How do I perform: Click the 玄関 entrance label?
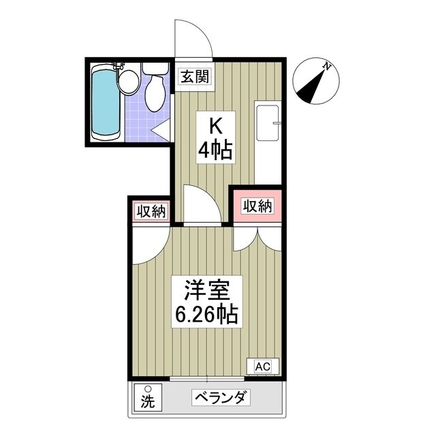click(193, 76)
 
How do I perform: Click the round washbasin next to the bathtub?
click(128, 80)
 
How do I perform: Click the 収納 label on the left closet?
click(150, 212)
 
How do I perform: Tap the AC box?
click(262, 367)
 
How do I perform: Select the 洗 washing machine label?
click(146, 402)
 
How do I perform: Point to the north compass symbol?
click(313, 81)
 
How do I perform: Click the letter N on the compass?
click(328, 66)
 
